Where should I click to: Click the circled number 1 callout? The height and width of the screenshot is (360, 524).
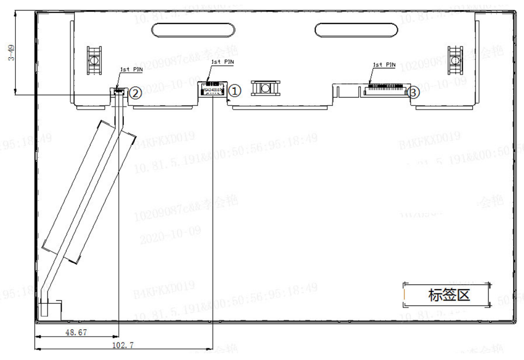point(234,91)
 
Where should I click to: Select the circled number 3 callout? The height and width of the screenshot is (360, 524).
point(414,93)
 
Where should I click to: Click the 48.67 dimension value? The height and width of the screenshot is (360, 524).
point(76,332)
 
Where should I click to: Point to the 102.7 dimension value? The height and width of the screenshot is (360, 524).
point(122,345)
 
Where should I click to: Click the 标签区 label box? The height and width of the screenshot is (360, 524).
point(449,295)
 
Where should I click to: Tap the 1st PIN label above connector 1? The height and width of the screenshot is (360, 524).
point(222,62)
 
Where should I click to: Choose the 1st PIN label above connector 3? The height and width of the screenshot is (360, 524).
point(384,64)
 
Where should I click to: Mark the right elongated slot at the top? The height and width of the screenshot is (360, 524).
point(355,29)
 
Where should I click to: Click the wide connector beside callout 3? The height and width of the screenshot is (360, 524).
point(385,89)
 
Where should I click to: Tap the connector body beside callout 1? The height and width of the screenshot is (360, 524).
point(213,89)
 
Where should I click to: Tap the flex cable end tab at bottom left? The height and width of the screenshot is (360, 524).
point(53,309)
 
